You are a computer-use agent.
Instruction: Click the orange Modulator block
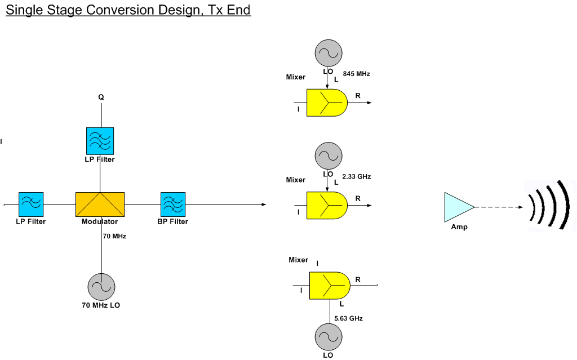(100, 205)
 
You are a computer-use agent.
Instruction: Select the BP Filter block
(173, 205)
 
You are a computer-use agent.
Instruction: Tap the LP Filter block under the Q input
(100, 141)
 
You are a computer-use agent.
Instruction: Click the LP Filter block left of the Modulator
(31, 205)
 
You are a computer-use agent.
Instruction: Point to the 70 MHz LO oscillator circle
(101, 287)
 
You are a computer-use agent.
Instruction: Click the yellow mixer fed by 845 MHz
(327, 103)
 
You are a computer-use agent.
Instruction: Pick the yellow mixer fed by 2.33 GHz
(327, 206)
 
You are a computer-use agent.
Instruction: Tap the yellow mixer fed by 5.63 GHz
(329, 286)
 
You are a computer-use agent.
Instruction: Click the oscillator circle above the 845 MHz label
(329, 53)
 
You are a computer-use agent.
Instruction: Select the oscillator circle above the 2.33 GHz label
(329, 156)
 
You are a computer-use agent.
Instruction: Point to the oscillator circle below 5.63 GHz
(329, 337)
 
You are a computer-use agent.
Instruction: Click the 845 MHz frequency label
(356, 74)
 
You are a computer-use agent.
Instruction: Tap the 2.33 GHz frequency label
(356, 177)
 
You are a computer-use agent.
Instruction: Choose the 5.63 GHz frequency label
(348, 318)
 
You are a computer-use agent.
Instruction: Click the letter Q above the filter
(101, 97)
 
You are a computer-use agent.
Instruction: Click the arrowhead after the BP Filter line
(264, 205)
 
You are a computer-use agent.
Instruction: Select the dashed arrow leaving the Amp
(499, 207)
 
